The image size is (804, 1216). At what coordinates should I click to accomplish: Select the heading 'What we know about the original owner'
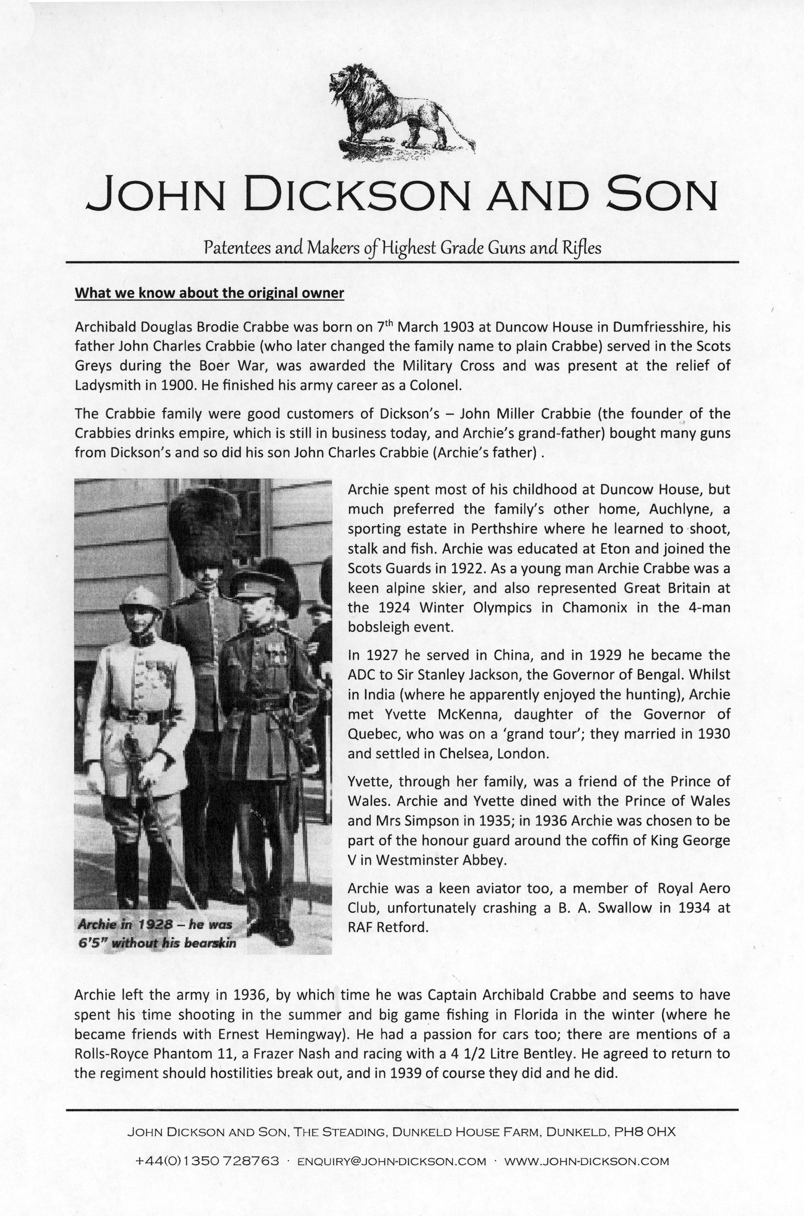pyautogui.click(x=209, y=293)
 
